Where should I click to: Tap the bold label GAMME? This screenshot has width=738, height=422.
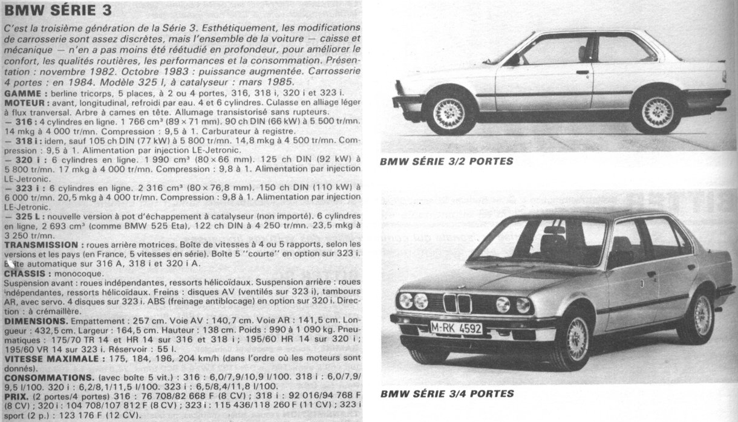pos(21,94)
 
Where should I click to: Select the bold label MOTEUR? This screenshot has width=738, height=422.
pos(22,103)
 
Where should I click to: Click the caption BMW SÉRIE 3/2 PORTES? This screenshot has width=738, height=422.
pos(446,161)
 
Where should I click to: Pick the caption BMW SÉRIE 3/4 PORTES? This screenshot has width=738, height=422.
pos(446,394)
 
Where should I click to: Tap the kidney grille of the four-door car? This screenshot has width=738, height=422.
pos(457,303)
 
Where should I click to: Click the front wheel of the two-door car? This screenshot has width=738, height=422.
pos(450,113)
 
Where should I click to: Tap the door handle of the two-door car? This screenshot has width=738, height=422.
pos(582,72)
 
